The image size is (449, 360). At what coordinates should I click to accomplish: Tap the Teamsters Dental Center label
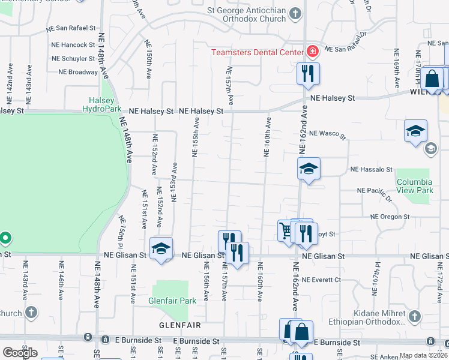(x=257, y=52)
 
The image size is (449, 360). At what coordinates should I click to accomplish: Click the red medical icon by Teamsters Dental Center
(x=312, y=52)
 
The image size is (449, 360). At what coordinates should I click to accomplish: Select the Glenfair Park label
(x=173, y=300)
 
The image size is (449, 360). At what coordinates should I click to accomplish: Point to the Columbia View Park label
(x=414, y=186)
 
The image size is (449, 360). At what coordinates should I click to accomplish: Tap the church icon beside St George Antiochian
(x=295, y=13)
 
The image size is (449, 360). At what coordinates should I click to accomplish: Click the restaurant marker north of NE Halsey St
(x=308, y=74)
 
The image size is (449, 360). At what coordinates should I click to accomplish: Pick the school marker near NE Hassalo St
(x=309, y=169)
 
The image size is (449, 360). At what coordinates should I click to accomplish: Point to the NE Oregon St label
(x=390, y=217)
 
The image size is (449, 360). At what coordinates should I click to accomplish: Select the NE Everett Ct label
(x=321, y=280)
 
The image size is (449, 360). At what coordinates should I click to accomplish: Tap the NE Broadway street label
(x=78, y=72)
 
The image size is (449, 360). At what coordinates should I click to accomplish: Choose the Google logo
(x=20, y=353)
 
